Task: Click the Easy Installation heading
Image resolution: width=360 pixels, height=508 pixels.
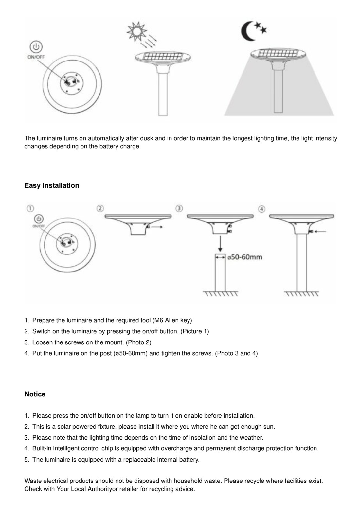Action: coord(52,185)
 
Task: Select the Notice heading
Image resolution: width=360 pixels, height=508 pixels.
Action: coord(35,394)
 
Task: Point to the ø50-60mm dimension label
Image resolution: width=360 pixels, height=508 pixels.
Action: coord(245,257)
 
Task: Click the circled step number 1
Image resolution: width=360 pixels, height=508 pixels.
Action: coord(30,208)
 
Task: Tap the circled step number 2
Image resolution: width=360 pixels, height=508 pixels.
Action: coord(100,208)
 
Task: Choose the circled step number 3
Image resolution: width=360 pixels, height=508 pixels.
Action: coord(179,208)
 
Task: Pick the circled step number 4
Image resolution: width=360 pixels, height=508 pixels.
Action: coord(261,209)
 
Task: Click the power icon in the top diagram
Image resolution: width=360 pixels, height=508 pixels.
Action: coord(36,47)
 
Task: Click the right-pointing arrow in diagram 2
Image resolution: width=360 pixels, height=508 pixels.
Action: coord(157,227)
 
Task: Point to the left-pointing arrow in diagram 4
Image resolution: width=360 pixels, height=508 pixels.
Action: coord(321,231)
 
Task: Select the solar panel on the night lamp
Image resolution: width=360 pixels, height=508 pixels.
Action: coord(279,53)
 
